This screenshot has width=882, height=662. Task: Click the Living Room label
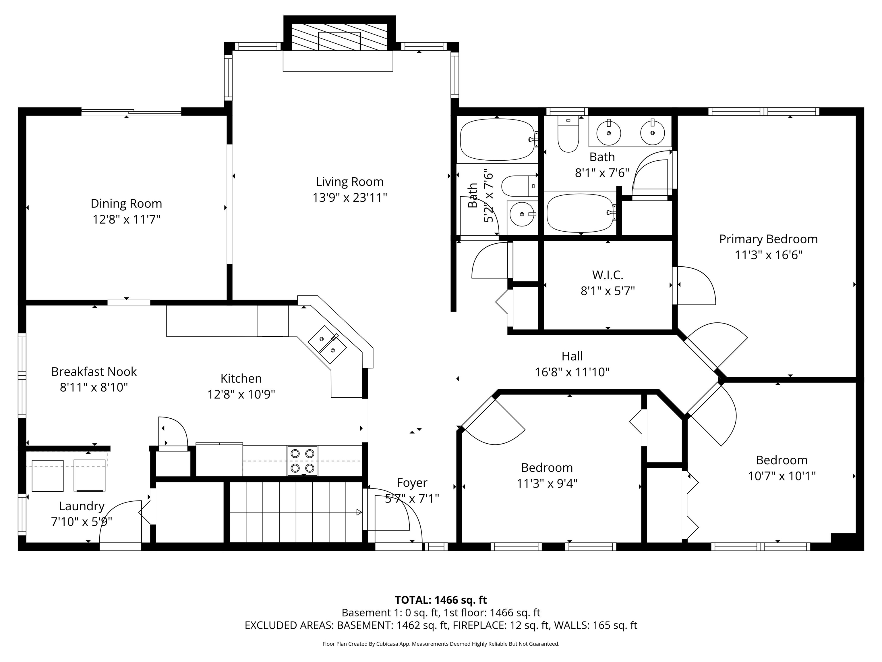click(350, 182)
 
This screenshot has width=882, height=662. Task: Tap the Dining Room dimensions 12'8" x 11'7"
click(126, 220)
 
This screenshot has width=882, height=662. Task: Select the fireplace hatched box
click(339, 37)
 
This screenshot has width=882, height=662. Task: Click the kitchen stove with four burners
click(303, 461)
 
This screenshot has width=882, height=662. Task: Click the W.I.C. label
click(608, 275)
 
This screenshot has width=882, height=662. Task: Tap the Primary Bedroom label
click(768, 239)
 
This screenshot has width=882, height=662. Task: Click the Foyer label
click(412, 483)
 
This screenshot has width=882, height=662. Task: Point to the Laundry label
click(82, 506)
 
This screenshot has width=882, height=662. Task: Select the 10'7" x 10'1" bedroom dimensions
click(782, 476)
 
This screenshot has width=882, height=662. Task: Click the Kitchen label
click(241, 378)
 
